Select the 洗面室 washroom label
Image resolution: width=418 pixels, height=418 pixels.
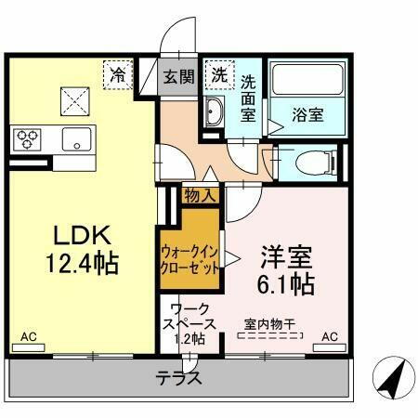pyautogui.click(x=249, y=96)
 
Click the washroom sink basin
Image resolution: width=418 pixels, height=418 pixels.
pyautogui.click(x=214, y=114)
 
